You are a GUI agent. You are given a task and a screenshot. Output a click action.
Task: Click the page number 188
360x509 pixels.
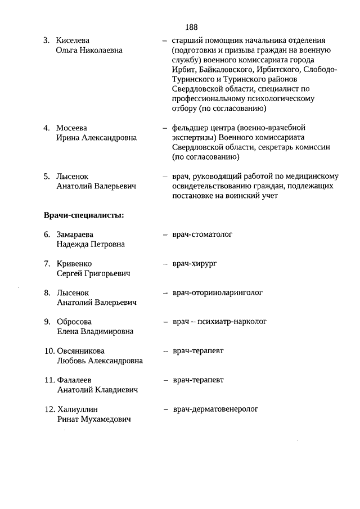tap(191, 27)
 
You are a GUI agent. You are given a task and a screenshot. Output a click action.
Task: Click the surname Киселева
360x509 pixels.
tap(73, 40)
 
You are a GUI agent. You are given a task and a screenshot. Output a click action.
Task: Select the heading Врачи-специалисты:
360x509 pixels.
tap(84, 214)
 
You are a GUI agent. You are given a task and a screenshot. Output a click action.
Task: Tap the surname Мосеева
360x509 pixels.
tap(72, 128)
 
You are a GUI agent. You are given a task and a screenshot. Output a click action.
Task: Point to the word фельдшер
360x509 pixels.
tap(190, 128)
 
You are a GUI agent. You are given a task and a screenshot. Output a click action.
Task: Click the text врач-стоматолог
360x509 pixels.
tap(202, 234)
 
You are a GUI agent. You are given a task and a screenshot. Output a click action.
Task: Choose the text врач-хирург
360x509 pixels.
tap(195, 263)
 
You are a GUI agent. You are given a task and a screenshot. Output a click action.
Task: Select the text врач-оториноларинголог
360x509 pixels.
tap(218, 292)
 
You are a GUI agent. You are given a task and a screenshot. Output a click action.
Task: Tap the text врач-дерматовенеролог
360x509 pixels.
tap(215, 409)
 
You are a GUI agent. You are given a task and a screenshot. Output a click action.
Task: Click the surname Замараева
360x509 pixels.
tap(75, 235)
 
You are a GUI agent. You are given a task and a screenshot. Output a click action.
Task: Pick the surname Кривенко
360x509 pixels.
tap(74, 264)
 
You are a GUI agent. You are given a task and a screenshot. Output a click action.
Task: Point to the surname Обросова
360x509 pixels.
tap(74, 322)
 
